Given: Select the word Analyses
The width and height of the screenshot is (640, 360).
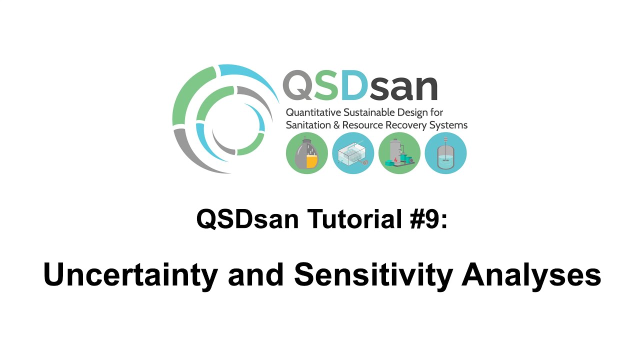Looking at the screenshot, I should [531, 275].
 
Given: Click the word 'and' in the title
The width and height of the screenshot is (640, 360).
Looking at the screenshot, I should [255, 275].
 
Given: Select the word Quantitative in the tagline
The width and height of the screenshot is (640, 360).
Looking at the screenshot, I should [314, 112].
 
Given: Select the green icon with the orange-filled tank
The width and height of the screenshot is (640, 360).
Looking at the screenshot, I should [307, 153].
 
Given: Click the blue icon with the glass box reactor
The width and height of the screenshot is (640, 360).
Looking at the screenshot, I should [353, 153].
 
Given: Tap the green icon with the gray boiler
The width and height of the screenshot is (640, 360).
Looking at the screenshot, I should [399, 153].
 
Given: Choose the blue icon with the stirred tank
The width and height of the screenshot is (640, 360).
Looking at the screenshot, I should [445, 153].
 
